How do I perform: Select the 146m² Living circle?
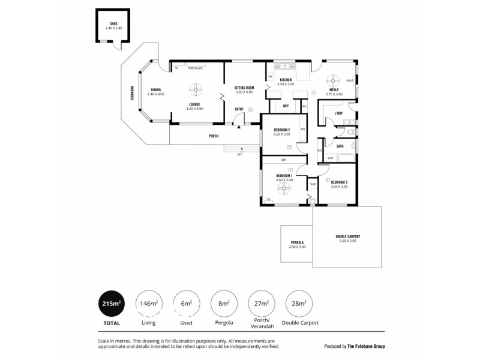tap(148, 304)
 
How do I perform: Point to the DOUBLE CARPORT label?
tap(347, 236)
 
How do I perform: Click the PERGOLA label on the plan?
tap(296, 242)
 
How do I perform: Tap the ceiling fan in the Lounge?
tap(195, 90)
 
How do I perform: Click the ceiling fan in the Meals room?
tap(333, 81)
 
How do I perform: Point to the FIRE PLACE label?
tap(195, 68)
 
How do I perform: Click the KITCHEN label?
tap(286, 80)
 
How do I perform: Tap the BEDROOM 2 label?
tap(281, 130)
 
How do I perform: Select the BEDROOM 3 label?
tap(339, 182)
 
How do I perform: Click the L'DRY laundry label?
tap(338, 113)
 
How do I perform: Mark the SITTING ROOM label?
tap(244, 88)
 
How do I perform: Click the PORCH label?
tap(213, 136)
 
